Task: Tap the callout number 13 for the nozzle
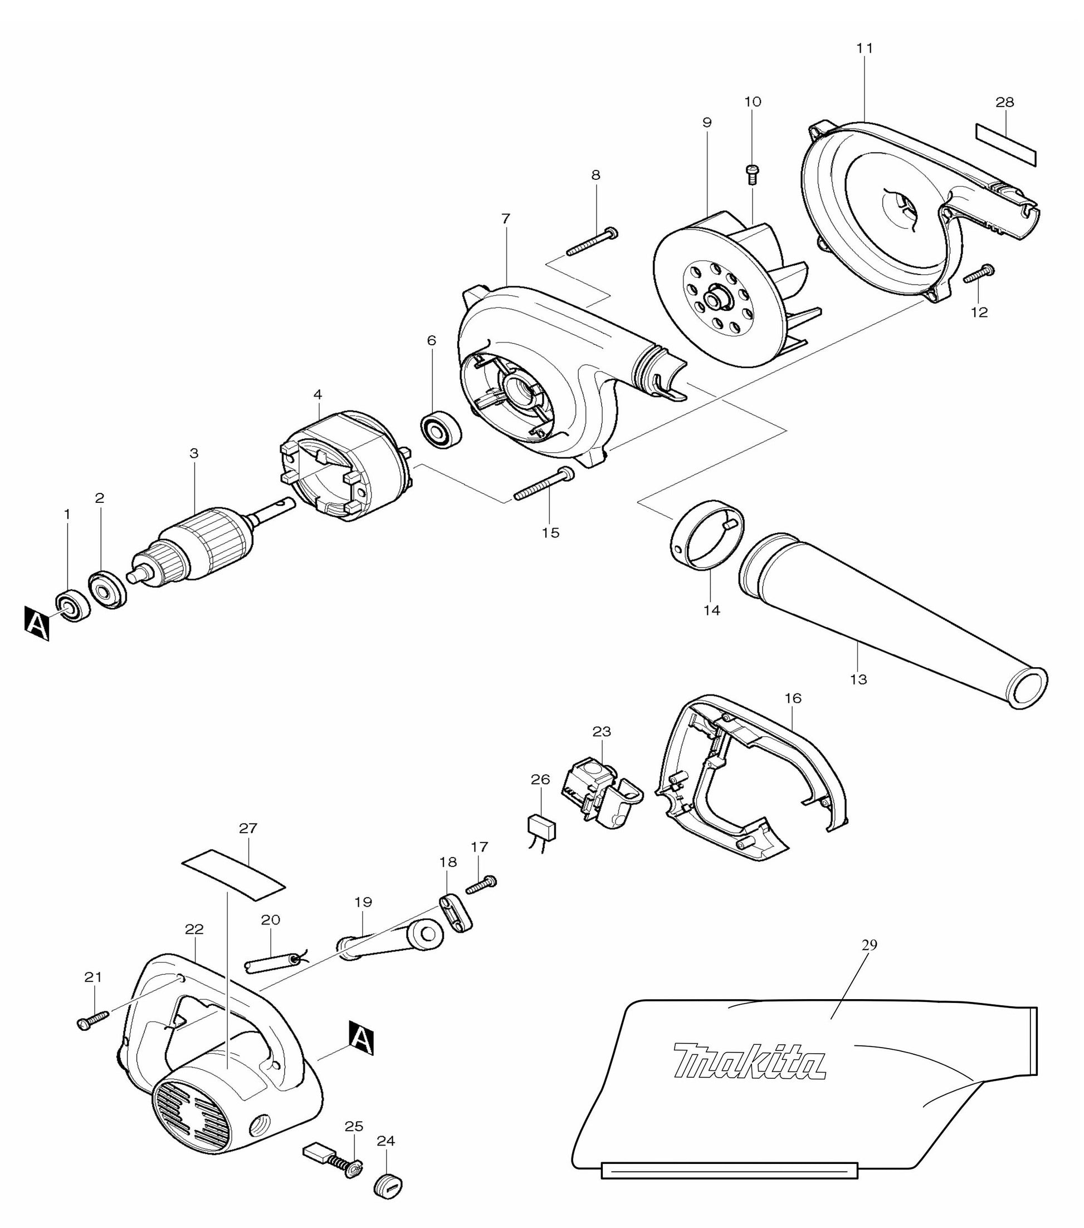(858, 679)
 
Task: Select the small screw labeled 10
(751, 175)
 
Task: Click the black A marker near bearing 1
(37, 624)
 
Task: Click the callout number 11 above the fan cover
(864, 47)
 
